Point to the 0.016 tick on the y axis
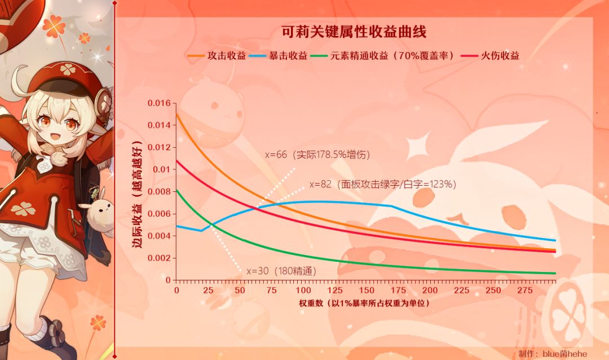click(x=158, y=103)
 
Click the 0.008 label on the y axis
click(x=158, y=192)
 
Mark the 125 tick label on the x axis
click(x=335, y=290)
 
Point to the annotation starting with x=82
click(x=383, y=184)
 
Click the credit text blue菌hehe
click(x=564, y=353)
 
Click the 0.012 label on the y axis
click(x=158, y=148)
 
